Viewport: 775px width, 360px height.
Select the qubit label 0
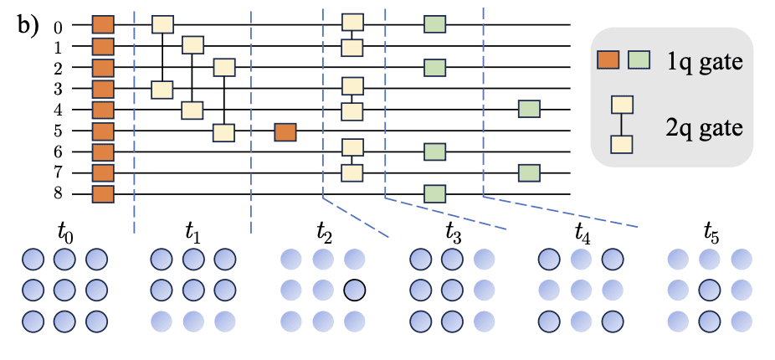pyautogui.click(x=58, y=26)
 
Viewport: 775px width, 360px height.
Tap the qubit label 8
pyautogui.click(x=58, y=196)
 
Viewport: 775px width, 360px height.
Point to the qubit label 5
pyautogui.click(x=58, y=131)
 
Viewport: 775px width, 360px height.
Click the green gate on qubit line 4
pyautogui.click(x=529, y=109)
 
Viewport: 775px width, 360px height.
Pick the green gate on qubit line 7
pyautogui.click(x=529, y=173)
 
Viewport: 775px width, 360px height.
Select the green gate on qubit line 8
pyautogui.click(x=434, y=194)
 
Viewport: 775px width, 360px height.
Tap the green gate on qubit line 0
pyautogui.click(x=434, y=24)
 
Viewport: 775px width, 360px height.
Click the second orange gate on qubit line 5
pyautogui.click(x=285, y=131)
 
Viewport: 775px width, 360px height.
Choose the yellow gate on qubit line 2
pyautogui.click(x=224, y=67)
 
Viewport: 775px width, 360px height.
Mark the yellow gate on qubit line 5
pyautogui.click(x=224, y=131)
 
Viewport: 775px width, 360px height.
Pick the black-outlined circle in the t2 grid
pyautogui.click(x=354, y=290)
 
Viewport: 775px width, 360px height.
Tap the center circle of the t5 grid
pyautogui.click(x=710, y=290)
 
